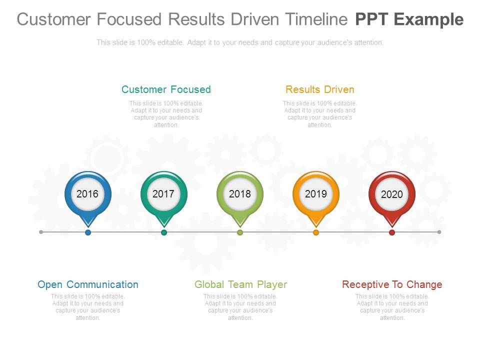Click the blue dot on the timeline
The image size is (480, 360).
(88, 232)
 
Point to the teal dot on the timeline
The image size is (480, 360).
(164, 232)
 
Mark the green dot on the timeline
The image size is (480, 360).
(240, 232)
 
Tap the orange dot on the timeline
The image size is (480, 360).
(316, 232)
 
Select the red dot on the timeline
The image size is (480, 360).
(392, 232)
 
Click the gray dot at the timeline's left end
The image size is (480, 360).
(41, 232)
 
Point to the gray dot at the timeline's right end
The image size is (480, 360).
(439, 232)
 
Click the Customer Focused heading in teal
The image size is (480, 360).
(166, 89)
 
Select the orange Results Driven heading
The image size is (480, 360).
(320, 89)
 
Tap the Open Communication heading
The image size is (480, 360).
(88, 284)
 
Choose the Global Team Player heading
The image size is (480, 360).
(240, 284)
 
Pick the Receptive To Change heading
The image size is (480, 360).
(392, 284)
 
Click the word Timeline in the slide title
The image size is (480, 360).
(317, 19)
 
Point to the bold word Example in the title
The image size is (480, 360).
(428, 20)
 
